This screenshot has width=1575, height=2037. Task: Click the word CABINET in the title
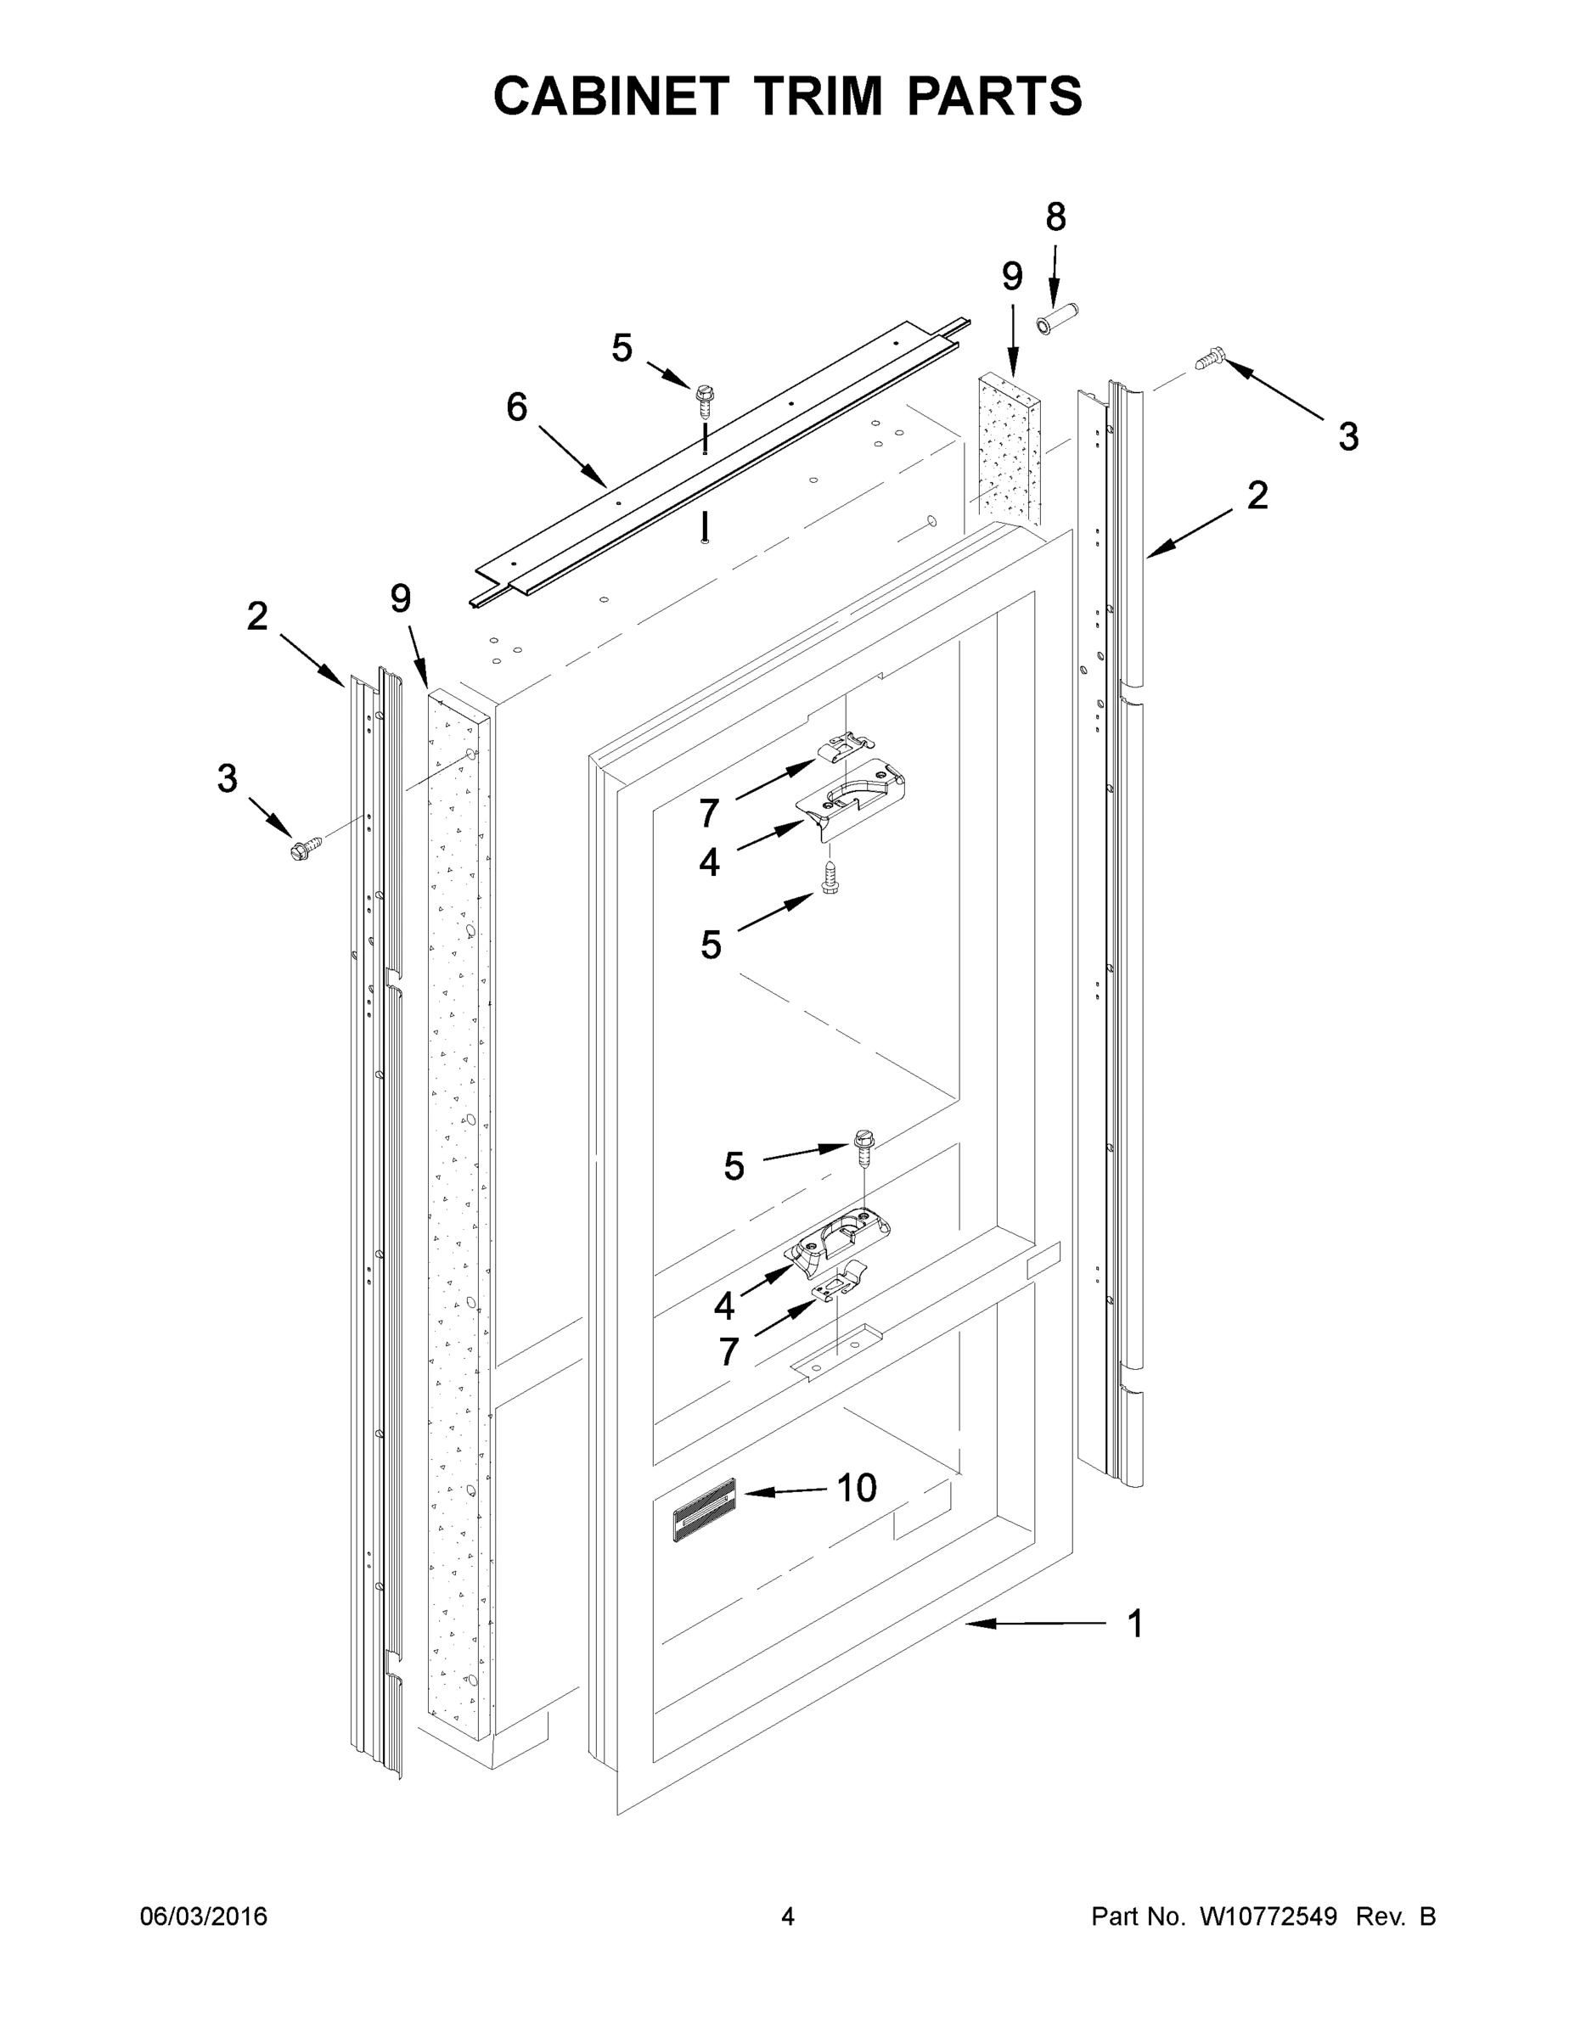coord(611,95)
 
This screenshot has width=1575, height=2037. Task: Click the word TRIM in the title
coord(818,95)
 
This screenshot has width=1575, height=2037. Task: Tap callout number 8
coord(1055,217)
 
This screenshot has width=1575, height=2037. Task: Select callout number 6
coord(517,407)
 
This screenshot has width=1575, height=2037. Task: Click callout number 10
coord(856,1489)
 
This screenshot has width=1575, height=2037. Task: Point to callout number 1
coord(1134,1624)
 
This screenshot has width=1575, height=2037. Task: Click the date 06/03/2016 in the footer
coord(204,1916)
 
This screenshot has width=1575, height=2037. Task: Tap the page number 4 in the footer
coord(788,1916)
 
